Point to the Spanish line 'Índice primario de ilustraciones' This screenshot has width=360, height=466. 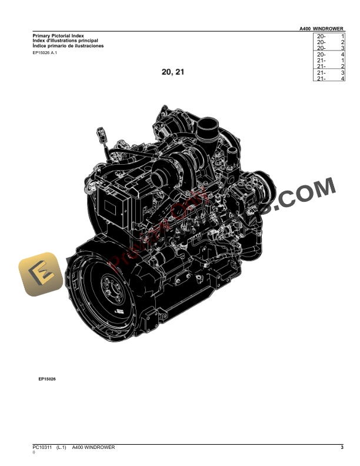click(x=68, y=45)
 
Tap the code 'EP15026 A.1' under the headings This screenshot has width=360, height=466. click(x=45, y=54)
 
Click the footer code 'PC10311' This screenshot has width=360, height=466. click(x=42, y=448)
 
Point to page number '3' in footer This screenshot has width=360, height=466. click(x=341, y=448)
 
